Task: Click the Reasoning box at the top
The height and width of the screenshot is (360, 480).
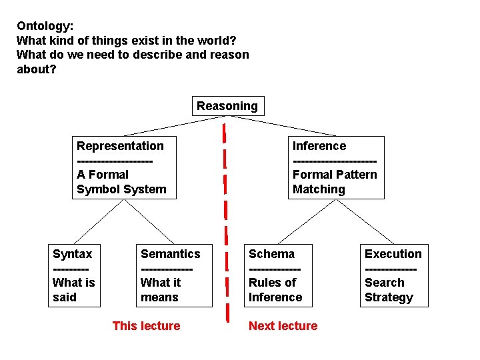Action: pyautogui.click(x=227, y=106)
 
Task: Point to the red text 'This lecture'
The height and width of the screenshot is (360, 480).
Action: pyautogui.click(x=146, y=326)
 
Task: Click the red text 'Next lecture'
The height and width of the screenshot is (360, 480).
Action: pyautogui.click(x=283, y=326)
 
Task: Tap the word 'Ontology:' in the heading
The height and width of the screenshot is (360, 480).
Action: pyautogui.click(x=45, y=26)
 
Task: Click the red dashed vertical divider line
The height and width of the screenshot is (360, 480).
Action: pyautogui.click(x=226, y=220)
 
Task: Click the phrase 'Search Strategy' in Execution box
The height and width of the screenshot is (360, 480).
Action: pyautogui.click(x=389, y=290)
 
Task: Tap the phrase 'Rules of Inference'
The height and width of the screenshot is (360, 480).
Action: pyautogui.click(x=275, y=290)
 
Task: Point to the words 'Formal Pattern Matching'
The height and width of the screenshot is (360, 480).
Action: pyautogui.click(x=335, y=182)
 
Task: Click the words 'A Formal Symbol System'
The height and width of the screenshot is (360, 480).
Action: pyautogui.click(x=121, y=182)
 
